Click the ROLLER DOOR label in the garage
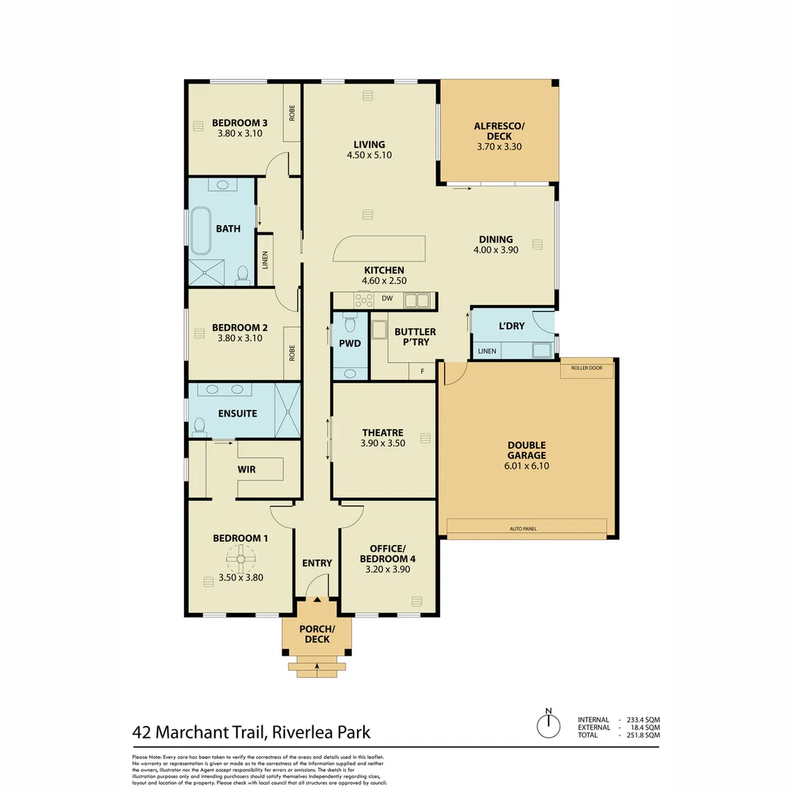(586, 367)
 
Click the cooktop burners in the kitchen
(364, 300)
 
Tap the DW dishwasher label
(387, 299)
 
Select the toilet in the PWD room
(350, 323)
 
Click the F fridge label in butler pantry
(422, 372)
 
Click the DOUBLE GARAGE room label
(527, 450)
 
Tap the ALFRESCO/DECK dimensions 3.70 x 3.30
(498, 146)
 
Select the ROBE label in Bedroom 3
(292, 113)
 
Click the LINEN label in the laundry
(487, 351)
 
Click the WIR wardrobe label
(246, 469)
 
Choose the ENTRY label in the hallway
(317, 563)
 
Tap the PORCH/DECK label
(317, 634)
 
